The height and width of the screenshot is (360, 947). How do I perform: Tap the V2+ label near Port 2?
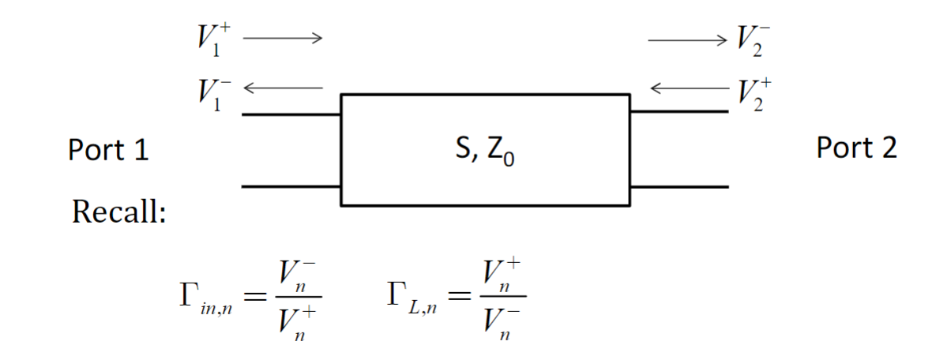750,93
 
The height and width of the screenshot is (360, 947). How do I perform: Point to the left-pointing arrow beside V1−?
283,87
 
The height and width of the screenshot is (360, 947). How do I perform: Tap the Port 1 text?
108,150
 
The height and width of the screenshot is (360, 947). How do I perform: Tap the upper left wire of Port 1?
291,114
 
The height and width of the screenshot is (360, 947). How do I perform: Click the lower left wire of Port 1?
291,187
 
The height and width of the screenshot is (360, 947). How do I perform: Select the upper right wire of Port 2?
678,111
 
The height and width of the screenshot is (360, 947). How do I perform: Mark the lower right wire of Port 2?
678,187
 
